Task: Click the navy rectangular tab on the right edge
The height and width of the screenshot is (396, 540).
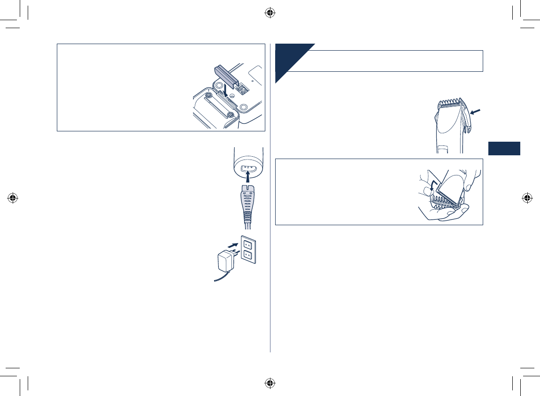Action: pyautogui.click(x=504, y=148)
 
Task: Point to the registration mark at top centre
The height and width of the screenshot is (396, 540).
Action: pyautogui.click(x=270, y=13)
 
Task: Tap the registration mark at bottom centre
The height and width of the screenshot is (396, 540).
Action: pyautogui.click(x=270, y=383)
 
